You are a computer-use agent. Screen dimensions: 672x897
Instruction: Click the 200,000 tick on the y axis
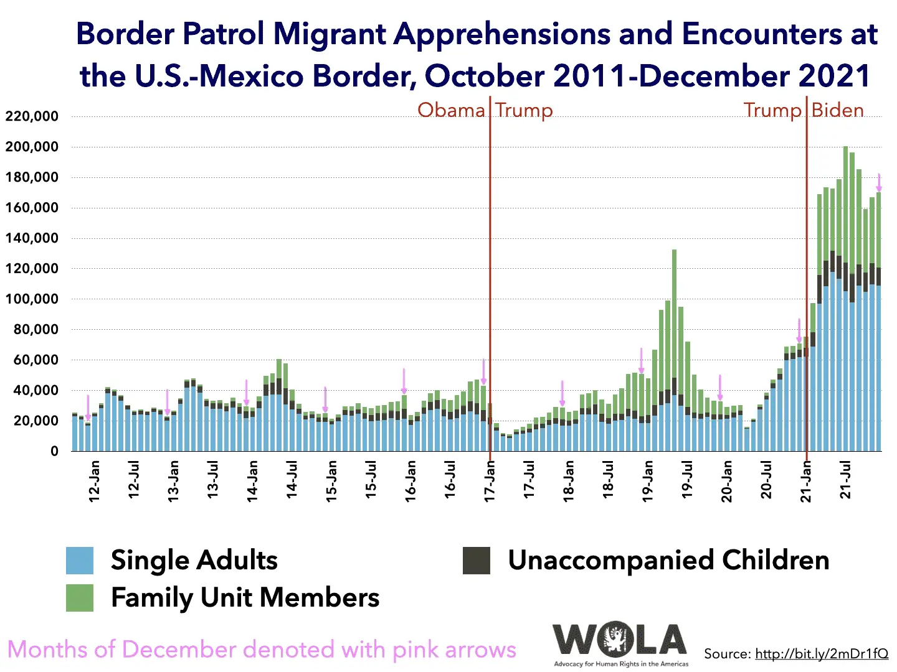(32, 147)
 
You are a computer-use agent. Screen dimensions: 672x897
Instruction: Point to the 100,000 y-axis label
(32, 299)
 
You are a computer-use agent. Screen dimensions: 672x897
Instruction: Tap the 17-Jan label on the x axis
(490, 481)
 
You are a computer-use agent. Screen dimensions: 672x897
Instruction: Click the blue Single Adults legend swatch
(80, 561)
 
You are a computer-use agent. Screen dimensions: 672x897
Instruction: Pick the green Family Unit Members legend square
(80, 598)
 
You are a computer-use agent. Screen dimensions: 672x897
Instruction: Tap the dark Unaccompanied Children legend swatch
(477, 561)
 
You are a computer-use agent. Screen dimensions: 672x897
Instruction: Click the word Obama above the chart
(451, 110)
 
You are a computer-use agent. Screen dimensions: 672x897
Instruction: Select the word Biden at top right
(838, 110)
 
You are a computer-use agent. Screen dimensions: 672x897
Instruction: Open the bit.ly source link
(822, 654)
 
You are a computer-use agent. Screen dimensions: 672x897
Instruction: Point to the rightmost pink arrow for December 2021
(879, 182)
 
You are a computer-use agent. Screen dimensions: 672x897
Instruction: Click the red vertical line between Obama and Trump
(490, 249)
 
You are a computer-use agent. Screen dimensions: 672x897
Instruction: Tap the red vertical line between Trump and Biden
(807, 249)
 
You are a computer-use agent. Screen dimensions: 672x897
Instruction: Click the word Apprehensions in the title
(502, 34)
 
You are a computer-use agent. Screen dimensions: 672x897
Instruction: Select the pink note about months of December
(262, 650)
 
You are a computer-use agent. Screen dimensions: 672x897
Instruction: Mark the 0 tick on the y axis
(55, 451)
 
